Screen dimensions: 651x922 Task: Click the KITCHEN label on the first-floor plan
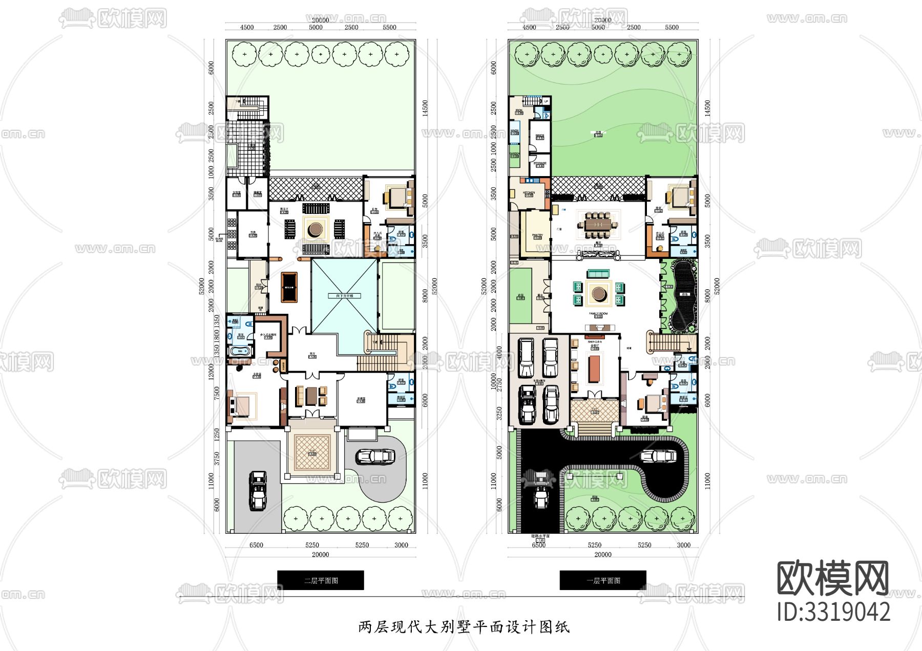(529, 193)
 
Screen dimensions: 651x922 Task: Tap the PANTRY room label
(537, 235)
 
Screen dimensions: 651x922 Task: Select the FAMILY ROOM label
(598, 314)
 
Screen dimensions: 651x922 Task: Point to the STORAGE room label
(540, 163)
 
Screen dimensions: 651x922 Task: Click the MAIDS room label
(540, 136)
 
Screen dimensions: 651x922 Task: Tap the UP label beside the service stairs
(546, 101)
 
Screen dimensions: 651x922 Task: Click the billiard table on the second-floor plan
(289, 288)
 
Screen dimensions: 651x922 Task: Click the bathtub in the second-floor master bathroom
(240, 351)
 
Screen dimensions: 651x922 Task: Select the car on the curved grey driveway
(375, 457)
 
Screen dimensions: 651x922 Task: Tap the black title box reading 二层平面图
(321, 580)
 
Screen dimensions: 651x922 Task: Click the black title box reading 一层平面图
(603, 580)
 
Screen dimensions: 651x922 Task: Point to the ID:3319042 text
(833, 612)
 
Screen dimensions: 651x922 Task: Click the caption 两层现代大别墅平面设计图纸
(464, 627)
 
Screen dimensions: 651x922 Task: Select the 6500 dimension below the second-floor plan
(256, 545)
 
